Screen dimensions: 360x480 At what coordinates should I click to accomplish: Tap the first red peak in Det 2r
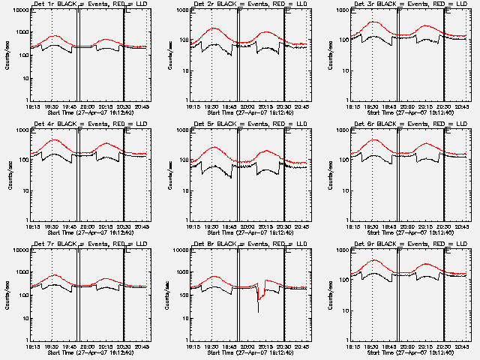[213, 28]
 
